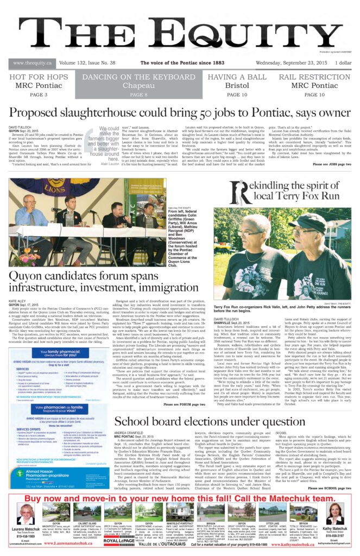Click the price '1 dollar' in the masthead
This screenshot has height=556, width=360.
click(343, 64)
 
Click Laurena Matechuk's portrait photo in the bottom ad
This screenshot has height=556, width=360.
click(25, 513)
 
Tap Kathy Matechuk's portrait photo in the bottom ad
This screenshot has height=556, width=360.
click(333, 513)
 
